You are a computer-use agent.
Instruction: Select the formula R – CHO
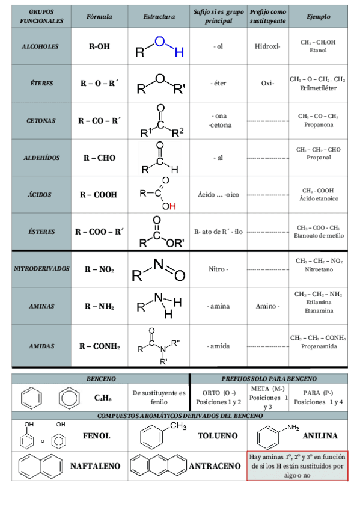(99, 158)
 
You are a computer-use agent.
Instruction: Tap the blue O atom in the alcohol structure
(159, 41)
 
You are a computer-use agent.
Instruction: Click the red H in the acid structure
(173, 206)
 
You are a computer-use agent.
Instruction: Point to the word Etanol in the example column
(319, 50)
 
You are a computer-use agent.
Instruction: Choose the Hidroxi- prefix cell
(267, 46)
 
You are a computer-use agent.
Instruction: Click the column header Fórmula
(99, 17)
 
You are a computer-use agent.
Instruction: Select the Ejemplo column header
(318, 17)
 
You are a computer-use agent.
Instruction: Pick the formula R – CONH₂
(99, 346)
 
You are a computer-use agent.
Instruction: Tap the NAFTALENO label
(95, 465)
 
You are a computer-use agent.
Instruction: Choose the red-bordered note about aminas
(297, 465)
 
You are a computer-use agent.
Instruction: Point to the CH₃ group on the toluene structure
(178, 426)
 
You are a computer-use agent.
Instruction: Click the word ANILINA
(320, 435)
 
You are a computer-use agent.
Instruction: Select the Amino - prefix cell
(267, 306)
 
